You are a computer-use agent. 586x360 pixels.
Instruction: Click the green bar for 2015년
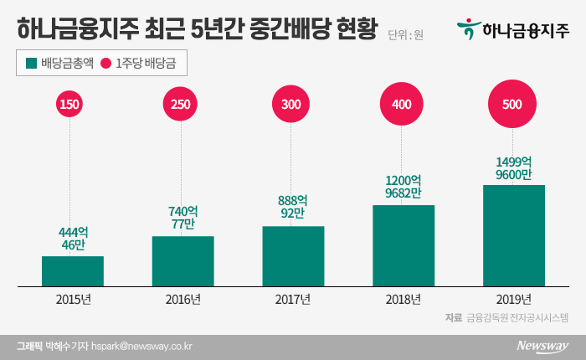[73, 271]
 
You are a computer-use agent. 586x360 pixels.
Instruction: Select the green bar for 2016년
[182, 261]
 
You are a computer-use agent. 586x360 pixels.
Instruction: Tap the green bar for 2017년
[293, 256]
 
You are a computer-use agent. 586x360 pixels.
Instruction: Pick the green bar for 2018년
[404, 245]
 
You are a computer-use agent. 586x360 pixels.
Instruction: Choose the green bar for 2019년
[513, 235]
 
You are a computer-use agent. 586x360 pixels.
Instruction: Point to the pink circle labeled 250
[182, 105]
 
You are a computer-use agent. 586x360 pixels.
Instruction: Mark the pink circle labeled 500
[513, 105]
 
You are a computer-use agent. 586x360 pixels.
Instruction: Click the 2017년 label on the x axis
[293, 299]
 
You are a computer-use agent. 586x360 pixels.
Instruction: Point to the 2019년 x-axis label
[513, 299]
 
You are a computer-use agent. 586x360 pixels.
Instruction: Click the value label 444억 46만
[73, 238]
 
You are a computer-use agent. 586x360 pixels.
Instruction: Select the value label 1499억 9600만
[513, 166]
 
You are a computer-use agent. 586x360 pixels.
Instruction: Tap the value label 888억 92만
[293, 208]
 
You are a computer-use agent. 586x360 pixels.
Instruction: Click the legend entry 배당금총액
[62, 64]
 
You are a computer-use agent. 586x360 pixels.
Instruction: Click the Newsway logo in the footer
[542, 346]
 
